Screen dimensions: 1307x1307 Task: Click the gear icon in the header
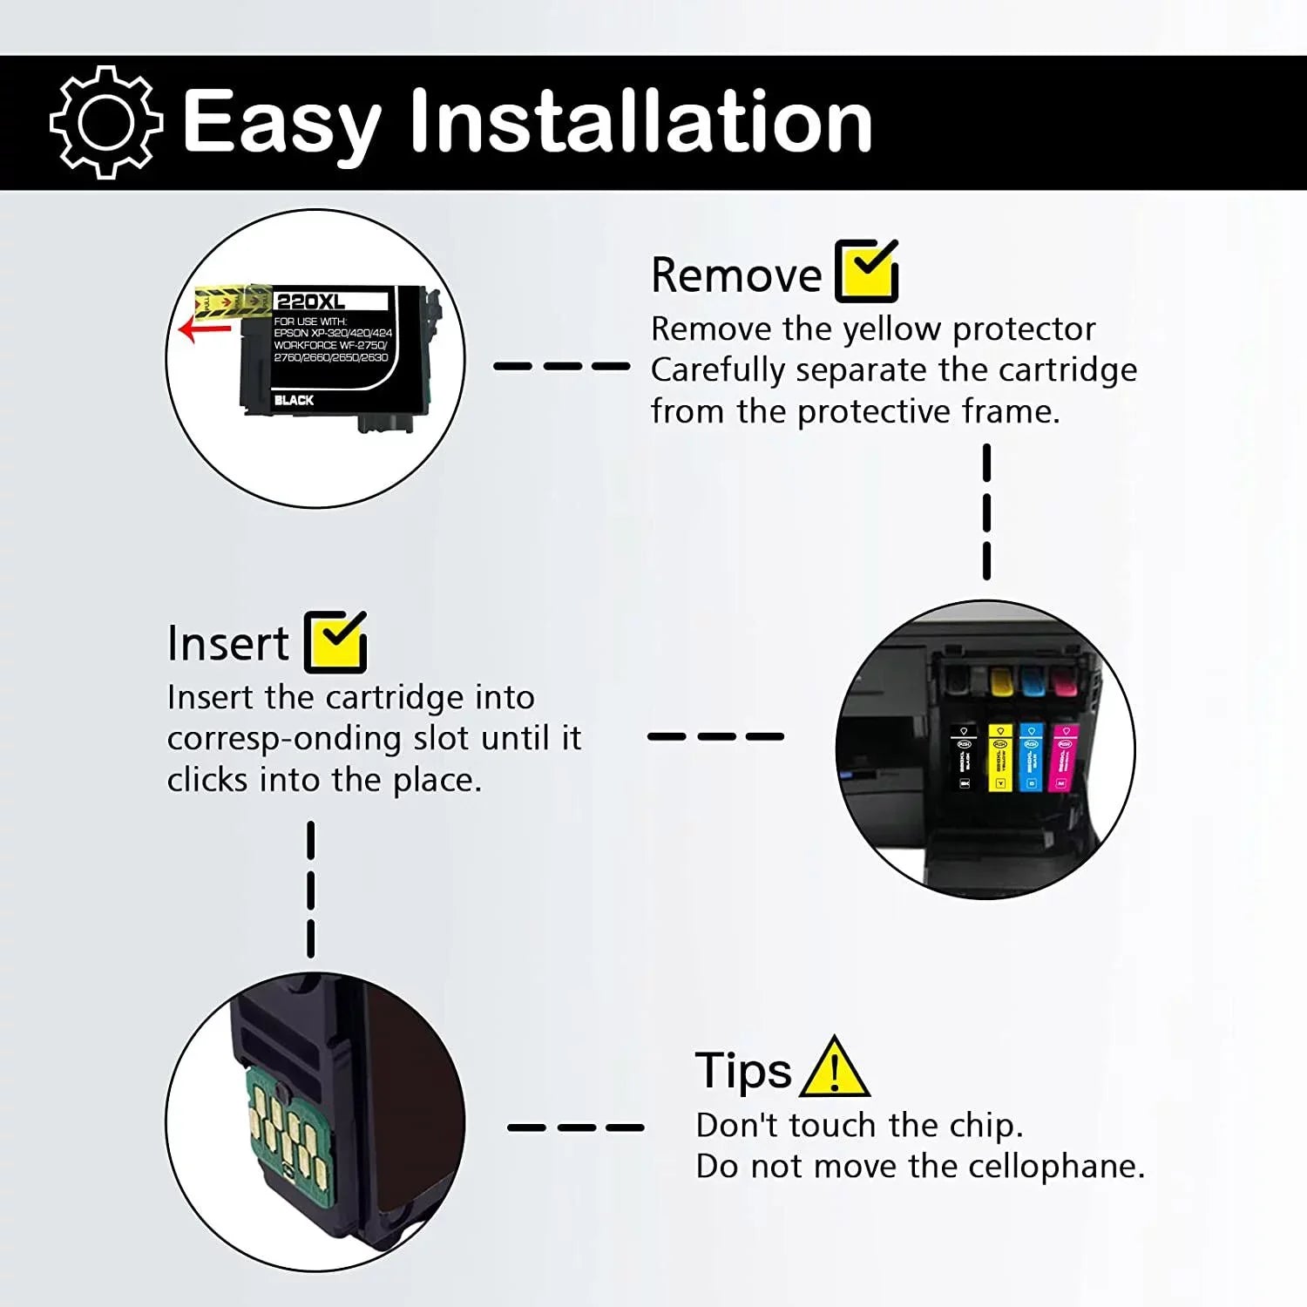tap(105, 122)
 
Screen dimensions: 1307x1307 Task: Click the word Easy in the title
tap(281, 124)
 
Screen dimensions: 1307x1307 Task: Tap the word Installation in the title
tap(640, 122)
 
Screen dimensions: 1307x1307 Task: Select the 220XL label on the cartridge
tap(310, 301)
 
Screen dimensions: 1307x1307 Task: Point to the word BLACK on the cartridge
tap(294, 400)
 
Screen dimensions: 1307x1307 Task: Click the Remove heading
tap(736, 275)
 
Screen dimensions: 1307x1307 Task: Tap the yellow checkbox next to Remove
tap(866, 272)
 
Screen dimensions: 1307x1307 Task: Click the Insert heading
tap(227, 644)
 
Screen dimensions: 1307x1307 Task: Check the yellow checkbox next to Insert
tap(335, 642)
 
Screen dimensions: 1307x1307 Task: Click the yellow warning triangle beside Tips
tap(834, 1069)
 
